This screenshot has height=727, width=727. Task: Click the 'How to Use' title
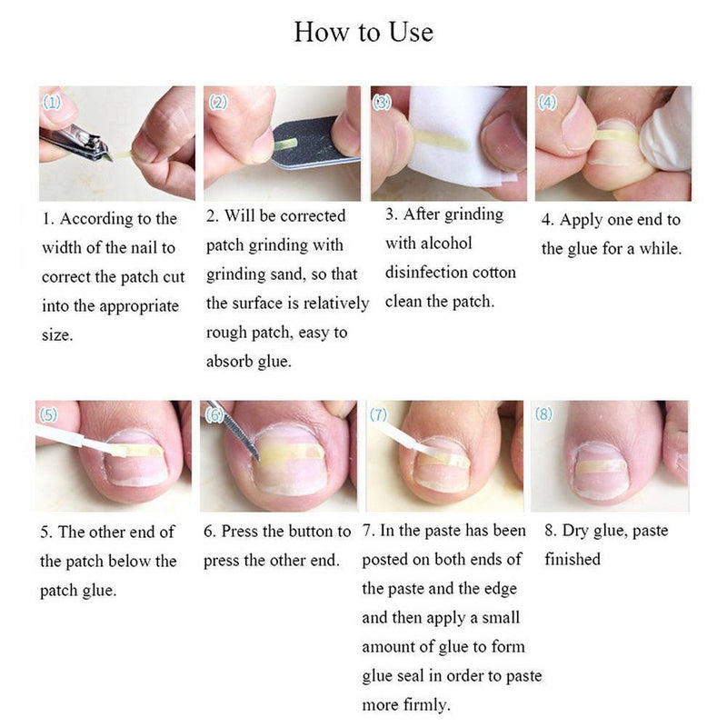click(363, 33)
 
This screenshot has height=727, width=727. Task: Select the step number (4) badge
click(547, 103)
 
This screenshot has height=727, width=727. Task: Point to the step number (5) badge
click(49, 415)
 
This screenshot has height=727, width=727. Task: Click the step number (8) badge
click(543, 415)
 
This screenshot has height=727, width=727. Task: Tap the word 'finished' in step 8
click(573, 560)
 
